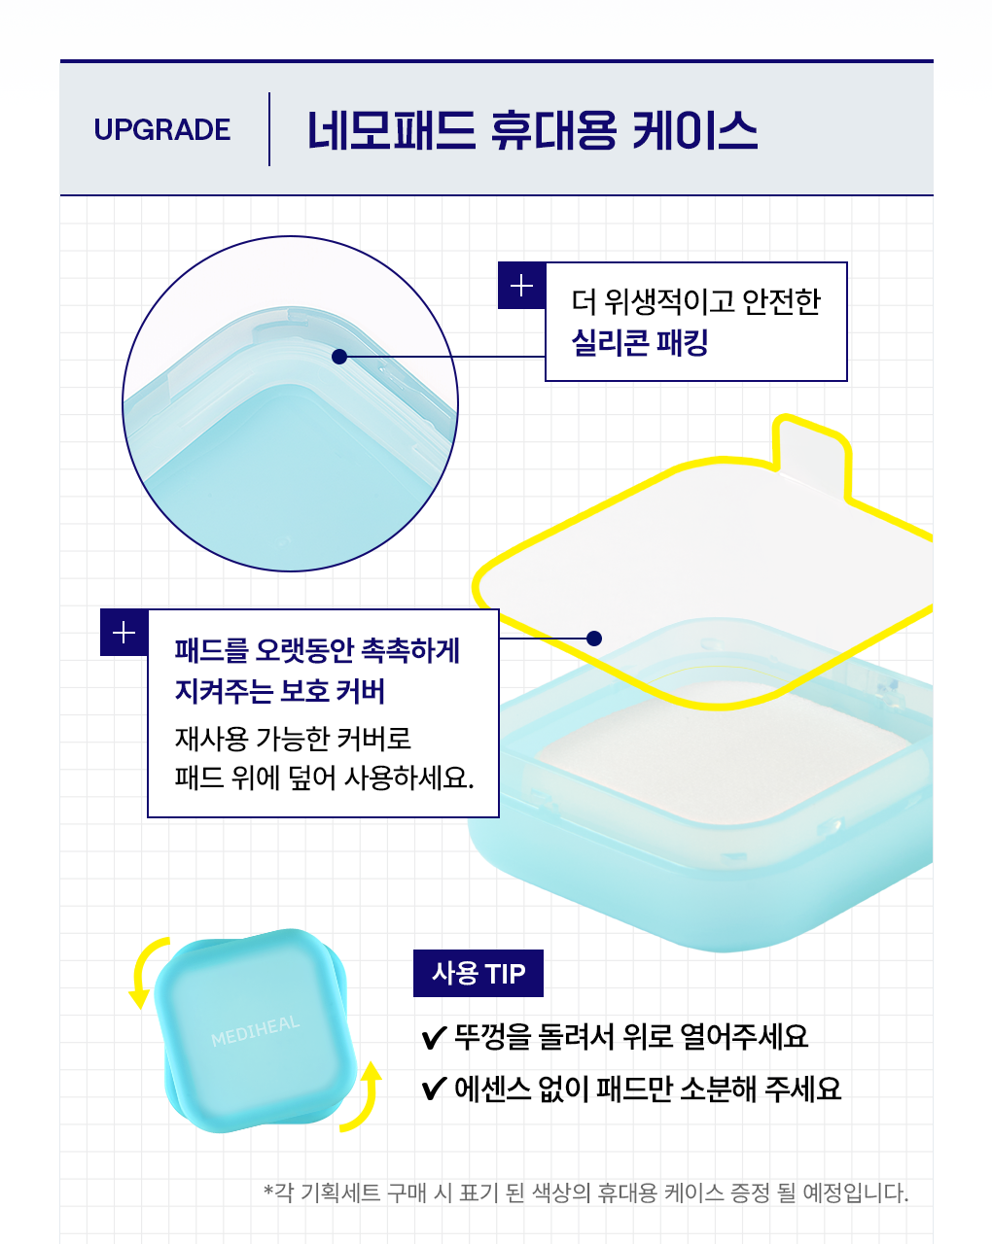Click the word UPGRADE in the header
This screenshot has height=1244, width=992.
(x=162, y=129)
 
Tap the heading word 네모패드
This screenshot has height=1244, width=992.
(x=392, y=130)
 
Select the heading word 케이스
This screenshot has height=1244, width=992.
(x=694, y=130)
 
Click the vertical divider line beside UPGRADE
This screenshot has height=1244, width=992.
(x=269, y=129)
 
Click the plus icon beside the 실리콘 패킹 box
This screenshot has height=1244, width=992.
(x=521, y=286)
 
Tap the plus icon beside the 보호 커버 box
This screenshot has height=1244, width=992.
(x=124, y=633)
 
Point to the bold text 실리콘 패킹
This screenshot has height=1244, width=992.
(x=640, y=342)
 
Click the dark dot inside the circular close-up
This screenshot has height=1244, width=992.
(x=339, y=357)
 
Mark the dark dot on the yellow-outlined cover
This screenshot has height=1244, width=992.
(x=594, y=639)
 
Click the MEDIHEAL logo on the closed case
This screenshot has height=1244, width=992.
(x=255, y=1031)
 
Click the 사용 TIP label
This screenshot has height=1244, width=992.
(x=478, y=974)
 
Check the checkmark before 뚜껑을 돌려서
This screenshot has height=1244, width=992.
(x=434, y=1038)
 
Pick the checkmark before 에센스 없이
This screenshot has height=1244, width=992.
(x=434, y=1088)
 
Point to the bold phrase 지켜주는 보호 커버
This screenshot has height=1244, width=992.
(x=280, y=691)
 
